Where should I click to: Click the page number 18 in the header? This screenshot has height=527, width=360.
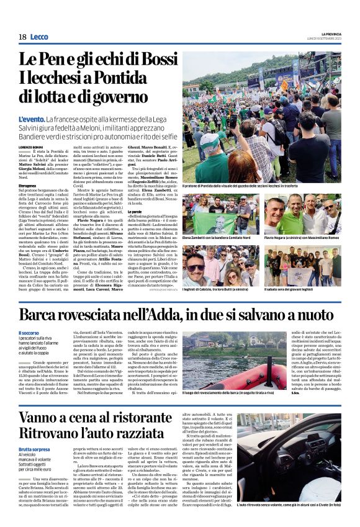(22, 37)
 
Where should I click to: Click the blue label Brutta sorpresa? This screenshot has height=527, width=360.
(35, 449)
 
